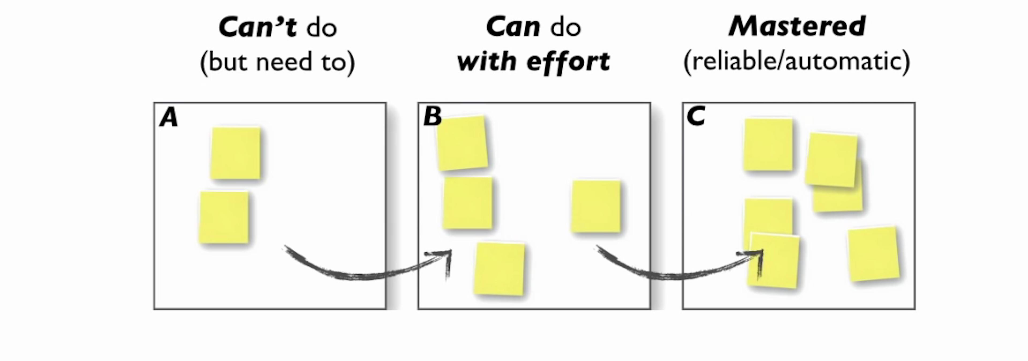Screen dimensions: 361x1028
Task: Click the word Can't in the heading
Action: tap(257, 27)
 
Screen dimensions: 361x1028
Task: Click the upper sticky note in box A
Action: tap(236, 153)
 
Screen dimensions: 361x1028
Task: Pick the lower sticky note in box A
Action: tap(224, 217)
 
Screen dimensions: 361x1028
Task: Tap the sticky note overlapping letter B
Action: tap(462, 143)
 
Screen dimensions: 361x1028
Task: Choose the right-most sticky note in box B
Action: tap(596, 206)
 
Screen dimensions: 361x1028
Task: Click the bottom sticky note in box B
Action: tap(499, 269)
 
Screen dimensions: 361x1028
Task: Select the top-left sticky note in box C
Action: tap(768, 145)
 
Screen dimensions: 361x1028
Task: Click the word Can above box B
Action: tap(513, 27)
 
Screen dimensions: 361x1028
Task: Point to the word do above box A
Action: tap(322, 28)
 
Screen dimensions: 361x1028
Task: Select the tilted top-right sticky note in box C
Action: tap(831, 159)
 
